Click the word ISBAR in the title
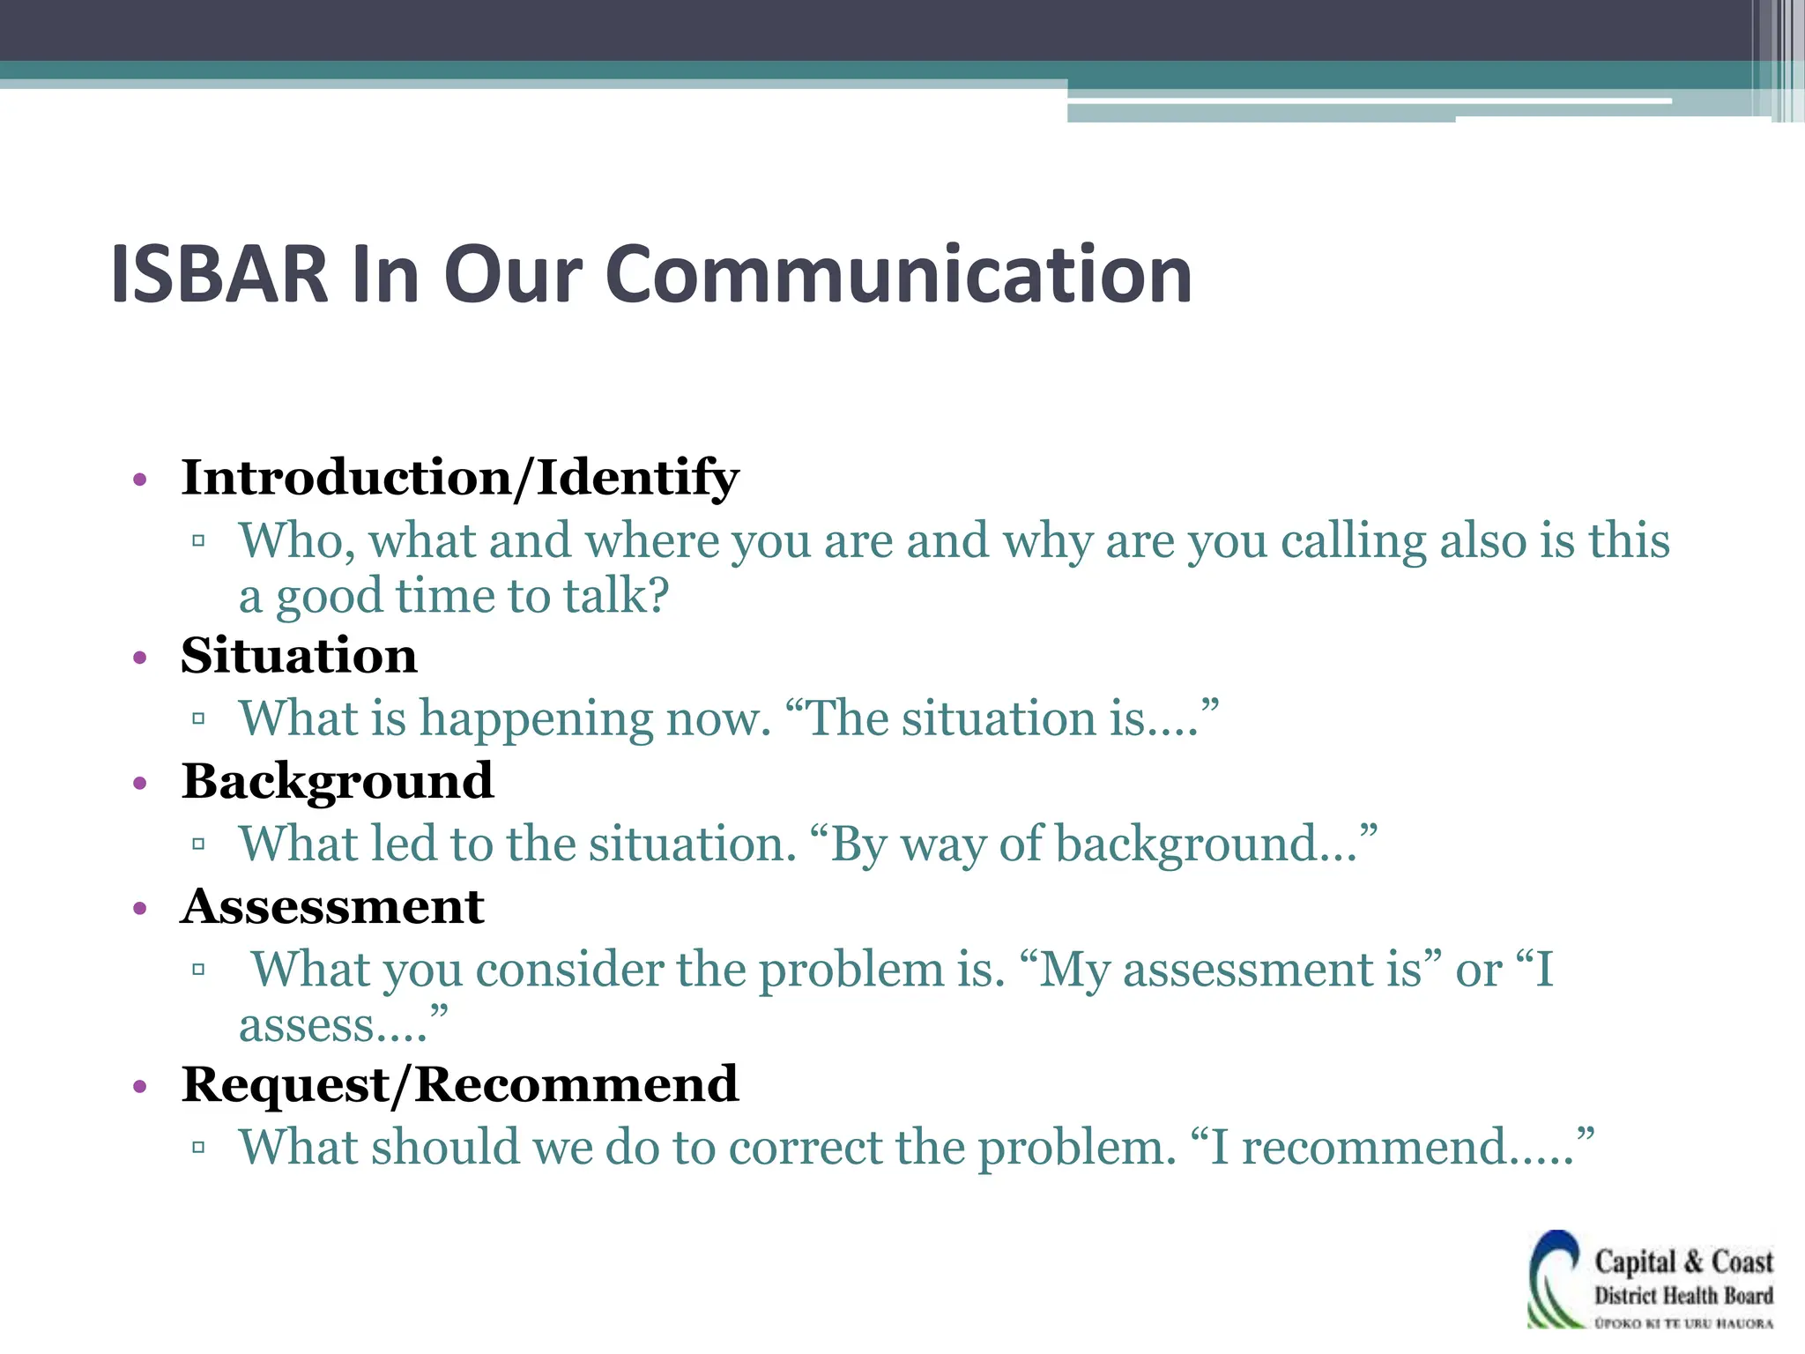point(219,274)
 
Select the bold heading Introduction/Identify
point(459,478)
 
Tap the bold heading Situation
point(299,656)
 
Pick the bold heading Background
point(338,781)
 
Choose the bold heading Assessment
point(332,907)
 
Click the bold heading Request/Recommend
point(459,1084)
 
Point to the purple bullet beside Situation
point(139,658)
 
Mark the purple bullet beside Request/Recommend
point(139,1087)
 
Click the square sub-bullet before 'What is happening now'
point(198,718)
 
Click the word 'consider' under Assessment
point(569,970)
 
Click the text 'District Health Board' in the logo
point(1683,1295)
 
